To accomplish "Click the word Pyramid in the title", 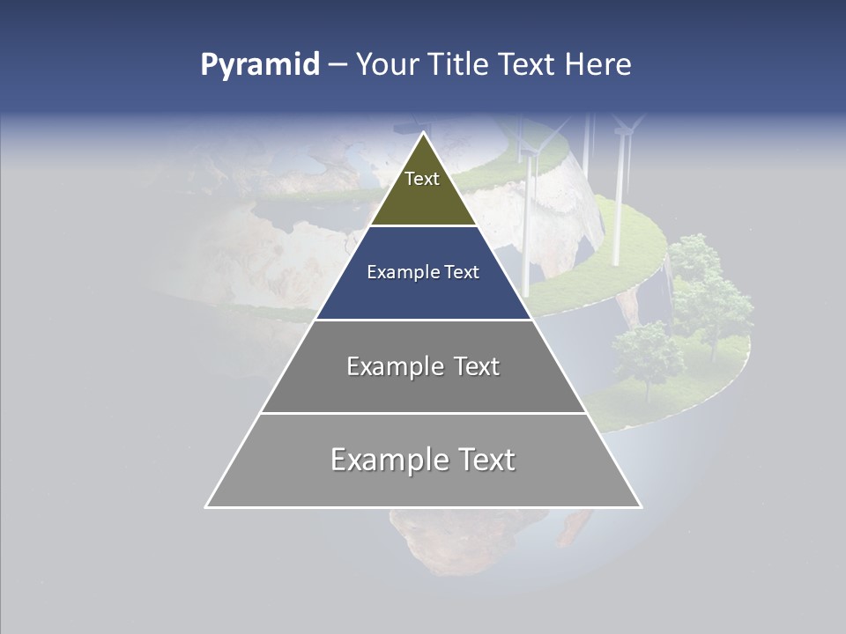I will (x=260, y=65).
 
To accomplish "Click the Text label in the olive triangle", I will (x=422, y=179).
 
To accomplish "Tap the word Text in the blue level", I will (x=463, y=273).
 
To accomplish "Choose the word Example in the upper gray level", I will (x=388, y=366).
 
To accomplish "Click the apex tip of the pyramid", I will (x=423, y=134).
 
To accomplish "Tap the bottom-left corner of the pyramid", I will (x=206, y=506).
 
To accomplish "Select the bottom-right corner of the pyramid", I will (x=641, y=506).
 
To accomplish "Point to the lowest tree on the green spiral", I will (x=649, y=357).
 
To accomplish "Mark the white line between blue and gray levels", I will (x=423, y=320).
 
